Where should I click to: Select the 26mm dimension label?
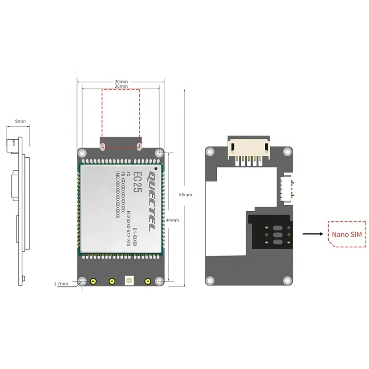[x=121, y=86]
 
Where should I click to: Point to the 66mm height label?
[x=185, y=195]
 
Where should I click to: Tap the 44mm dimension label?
[x=172, y=220]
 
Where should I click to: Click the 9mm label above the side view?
[x=20, y=121]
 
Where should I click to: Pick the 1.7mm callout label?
[x=61, y=283]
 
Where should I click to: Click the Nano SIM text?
[x=347, y=234]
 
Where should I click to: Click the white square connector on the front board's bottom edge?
[x=129, y=281]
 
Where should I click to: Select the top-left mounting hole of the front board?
[x=82, y=152]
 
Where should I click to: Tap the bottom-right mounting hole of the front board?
[x=159, y=281]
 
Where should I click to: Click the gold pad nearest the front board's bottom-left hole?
[x=93, y=281]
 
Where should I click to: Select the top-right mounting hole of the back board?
[x=288, y=151]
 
